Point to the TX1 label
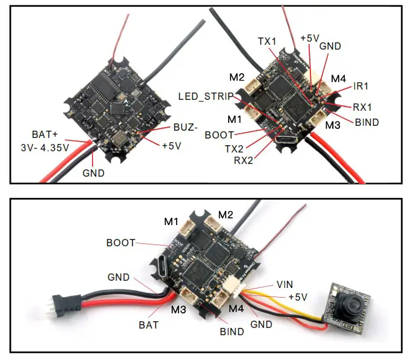pos(267,41)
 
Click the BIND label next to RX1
pos(366,122)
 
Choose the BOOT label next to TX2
pos(219,134)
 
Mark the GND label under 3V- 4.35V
pos(94,173)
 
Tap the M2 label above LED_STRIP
pos(237,77)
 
